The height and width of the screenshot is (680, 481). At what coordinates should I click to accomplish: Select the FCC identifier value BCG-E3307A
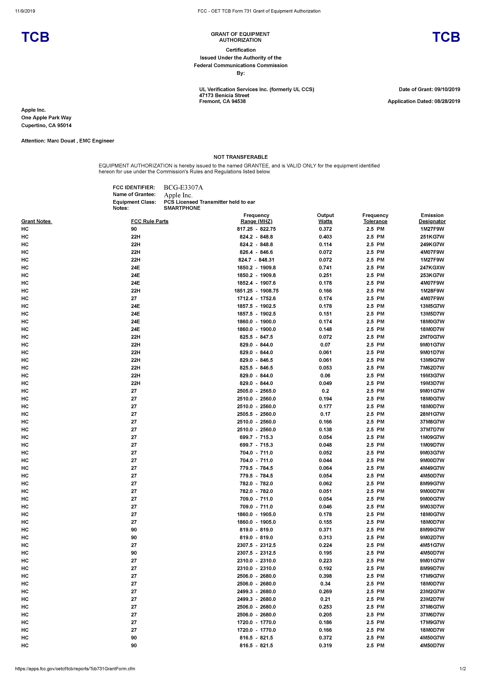[183, 187]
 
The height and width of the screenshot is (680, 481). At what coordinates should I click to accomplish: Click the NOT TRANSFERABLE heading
[240, 157]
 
